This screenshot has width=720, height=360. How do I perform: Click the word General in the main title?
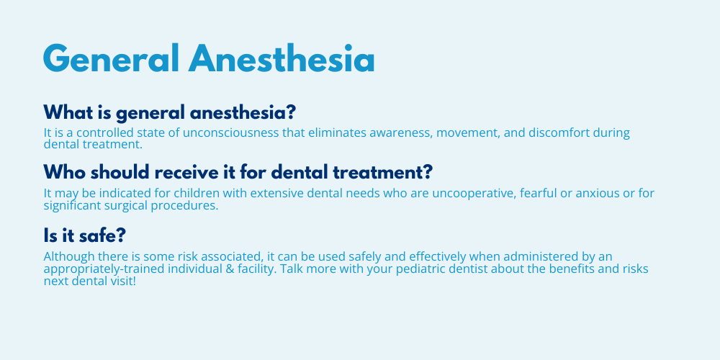click(111, 58)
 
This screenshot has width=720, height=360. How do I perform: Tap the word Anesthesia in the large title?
click(282, 58)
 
